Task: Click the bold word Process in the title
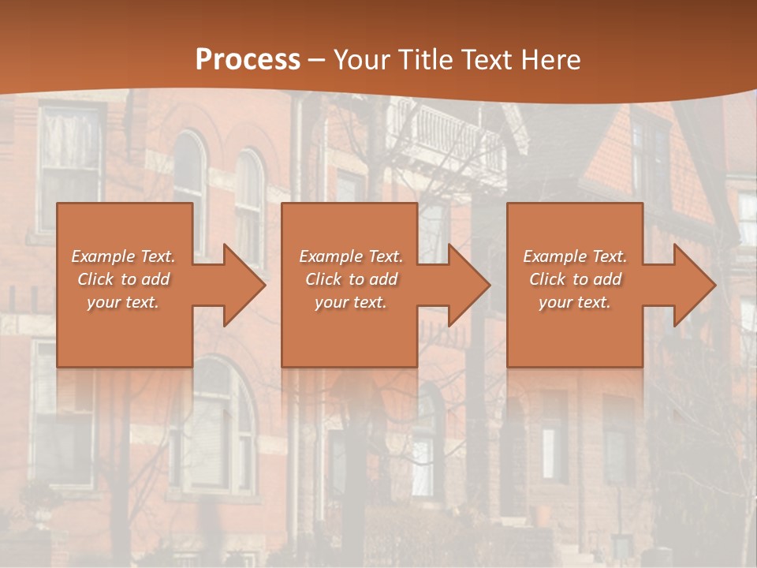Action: click(248, 60)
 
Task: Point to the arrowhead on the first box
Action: click(240, 285)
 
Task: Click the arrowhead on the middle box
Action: click(464, 285)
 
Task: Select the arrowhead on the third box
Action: click(690, 285)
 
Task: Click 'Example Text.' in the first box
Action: click(123, 256)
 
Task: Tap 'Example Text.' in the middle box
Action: click(351, 256)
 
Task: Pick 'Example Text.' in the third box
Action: click(575, 256)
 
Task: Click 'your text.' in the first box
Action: click(123, 302)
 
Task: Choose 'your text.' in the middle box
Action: click(351, 302)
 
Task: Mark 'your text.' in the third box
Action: click(575, 302)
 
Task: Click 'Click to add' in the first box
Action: click(123, 279)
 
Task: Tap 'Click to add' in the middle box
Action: click(351, 279)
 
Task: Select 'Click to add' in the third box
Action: click(575, 279)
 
